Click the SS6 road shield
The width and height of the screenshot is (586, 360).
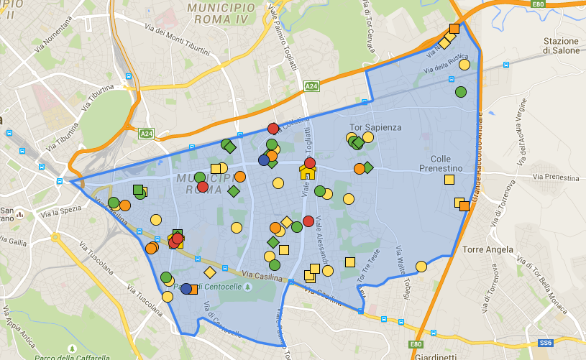tap(546, 343)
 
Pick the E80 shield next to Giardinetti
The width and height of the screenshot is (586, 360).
tap(415, 345)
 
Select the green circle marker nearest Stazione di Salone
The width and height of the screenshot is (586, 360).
tap(460, 92)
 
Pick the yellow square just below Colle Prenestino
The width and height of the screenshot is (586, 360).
tap(449, 180)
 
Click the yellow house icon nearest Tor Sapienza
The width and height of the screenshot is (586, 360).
tap(307, 172)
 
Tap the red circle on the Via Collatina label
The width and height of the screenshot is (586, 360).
tap(273, 129)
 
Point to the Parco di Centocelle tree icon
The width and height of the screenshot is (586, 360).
tap(248, 287)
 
